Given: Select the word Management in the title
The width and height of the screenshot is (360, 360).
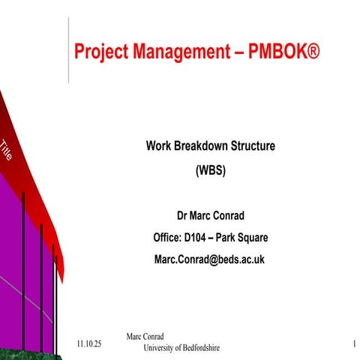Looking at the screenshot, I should click(x=172, y=53).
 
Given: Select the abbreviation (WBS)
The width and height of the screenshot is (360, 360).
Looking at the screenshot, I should click(x=210, y=169).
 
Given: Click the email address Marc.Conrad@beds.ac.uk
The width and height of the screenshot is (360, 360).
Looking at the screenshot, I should click(x=210, y=259).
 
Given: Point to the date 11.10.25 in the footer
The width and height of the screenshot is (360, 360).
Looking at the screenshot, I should click(x=89, y=343).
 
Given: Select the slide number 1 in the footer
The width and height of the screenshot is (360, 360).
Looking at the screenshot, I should click(x=353, y=343).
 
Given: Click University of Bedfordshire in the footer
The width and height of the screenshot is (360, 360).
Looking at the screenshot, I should click(x=181, y=348).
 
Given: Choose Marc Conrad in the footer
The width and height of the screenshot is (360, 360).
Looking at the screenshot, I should click(x=145, y=337).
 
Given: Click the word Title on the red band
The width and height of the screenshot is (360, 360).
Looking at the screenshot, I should click(x=6, y=150).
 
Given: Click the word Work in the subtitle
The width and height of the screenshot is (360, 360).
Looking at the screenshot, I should click(x=158, y=145).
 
